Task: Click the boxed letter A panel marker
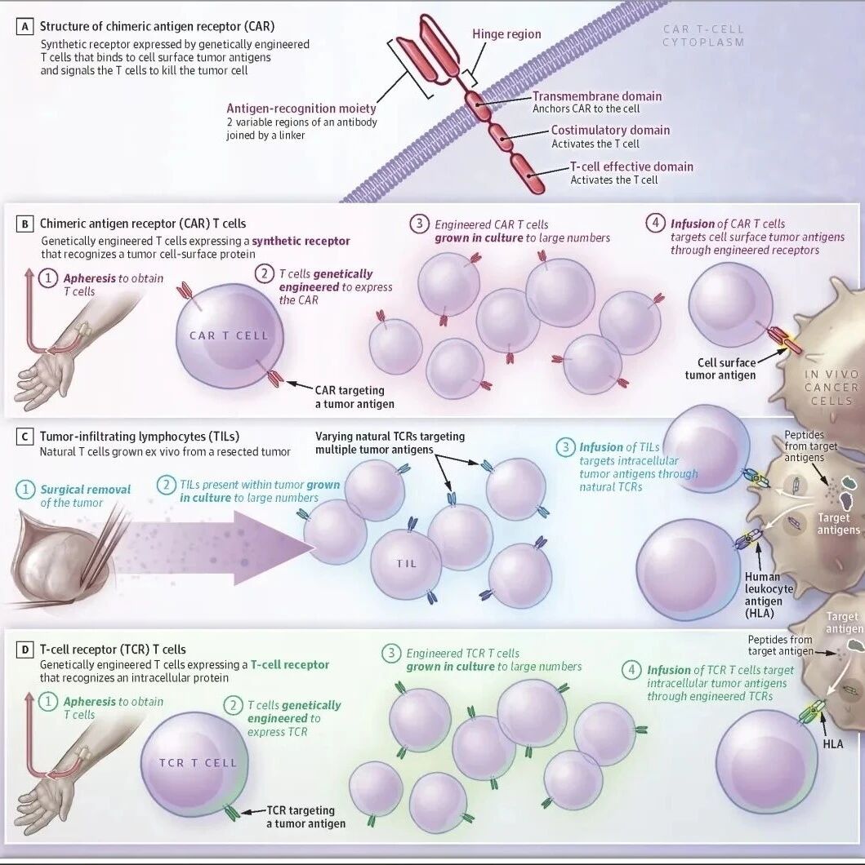[x=25, y=26]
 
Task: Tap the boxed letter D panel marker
[x=25, y=650]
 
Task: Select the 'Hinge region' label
[x=506, y=34]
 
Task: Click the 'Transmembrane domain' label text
[x=597, y=96]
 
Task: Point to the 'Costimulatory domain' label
[x=610, y=131]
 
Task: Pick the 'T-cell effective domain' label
[x=631, y=166]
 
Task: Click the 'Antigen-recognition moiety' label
[x=301, y=109]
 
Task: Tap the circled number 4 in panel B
[x=655, y=223]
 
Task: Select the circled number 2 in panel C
[x=166, y=485]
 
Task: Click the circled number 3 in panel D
[x=390, y=654]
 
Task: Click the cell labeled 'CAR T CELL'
[x=229, y=336]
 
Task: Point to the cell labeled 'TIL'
[x=406, y=564]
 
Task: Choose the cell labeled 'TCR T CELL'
[x=194, y=764]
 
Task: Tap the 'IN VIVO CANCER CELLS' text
[x=832, y=388]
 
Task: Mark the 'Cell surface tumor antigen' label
[x=720, y=369]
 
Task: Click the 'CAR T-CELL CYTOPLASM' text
[x=704, y=35]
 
